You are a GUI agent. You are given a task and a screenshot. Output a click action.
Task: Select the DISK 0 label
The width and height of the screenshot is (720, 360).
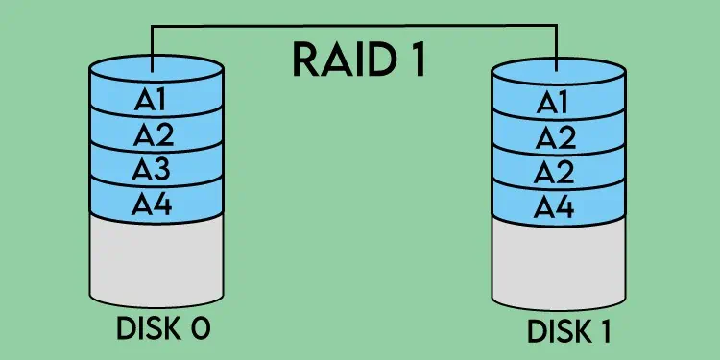pyautogui.click(x=162, y=327)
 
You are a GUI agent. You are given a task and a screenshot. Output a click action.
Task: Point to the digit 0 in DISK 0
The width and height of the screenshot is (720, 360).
pyautogui.click(x=200, y=327)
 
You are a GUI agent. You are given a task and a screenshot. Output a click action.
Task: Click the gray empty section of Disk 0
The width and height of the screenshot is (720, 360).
pyautogui.click(x=156, y=259)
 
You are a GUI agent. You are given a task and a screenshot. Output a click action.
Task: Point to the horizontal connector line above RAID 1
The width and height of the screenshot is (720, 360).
pyautogui.click(x=355, y=27)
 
